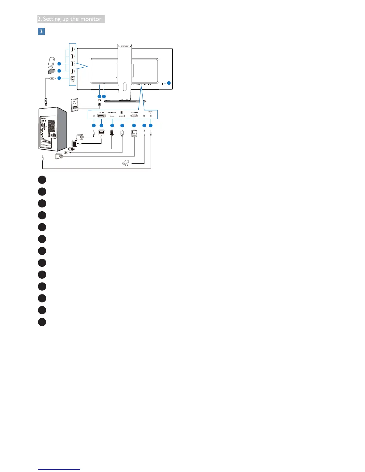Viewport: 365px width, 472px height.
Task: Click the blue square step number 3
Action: pyautogui.click(x=41, y=31)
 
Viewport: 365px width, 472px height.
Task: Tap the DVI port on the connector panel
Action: pyautogui.click(x=101, y=116)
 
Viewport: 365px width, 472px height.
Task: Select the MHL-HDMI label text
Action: pyautogui.click(x=112, y=112)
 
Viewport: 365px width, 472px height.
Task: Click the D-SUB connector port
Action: pyautogui.click(x=134, y=116)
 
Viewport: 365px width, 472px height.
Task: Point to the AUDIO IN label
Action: pyautogui.click(x=150, y=112)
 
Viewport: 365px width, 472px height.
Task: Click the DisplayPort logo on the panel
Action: pyautogui.click(x=122, y=112)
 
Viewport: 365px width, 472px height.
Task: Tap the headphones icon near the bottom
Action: pyautogui.click(x=126, y=163)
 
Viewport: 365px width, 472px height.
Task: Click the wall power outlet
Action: pyautogui.click(x=75, y=105)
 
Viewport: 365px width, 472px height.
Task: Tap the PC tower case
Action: pyautogui.click(x=52, y=129)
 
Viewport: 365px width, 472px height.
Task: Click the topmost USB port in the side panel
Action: pyautogui.click(x=72, y=48)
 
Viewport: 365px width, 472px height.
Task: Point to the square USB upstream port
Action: pyautogui.click(x=72, y=79)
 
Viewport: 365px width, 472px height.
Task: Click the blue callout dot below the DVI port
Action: pyautogui.click(x=101, y=125)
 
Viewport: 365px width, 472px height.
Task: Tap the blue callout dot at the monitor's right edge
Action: pyautogui.click(x=169, y=83)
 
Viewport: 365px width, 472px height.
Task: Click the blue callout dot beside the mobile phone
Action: pyautogui.click(x=59, y=63)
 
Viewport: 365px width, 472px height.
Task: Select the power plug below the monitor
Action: pyautogui.click(x=99, y=102)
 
